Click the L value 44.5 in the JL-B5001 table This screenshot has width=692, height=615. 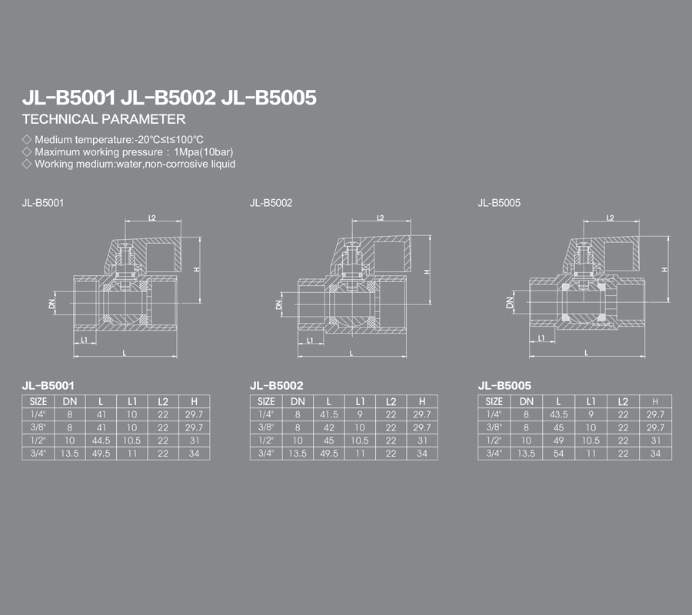coord(101,440)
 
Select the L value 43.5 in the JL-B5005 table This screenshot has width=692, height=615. coord(559,414)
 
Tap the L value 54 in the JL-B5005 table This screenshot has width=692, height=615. coord(559,454)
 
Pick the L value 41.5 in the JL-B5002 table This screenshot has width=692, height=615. coord(329,414)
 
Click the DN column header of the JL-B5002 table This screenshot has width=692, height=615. coord(298,401)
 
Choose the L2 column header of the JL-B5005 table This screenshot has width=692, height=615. coord(623,401)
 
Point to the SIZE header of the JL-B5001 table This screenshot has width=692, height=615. coord(38,401)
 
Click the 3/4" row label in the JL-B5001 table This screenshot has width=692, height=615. coord(38,454)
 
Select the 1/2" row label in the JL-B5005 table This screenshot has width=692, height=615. coord(494,440)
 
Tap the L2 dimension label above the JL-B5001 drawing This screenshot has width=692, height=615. coord(152,218)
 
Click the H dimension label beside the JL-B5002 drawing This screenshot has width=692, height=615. coord(427,272)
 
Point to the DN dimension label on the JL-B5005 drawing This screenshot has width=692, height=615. coord(510,303)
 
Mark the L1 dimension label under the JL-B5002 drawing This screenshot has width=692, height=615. coord(310,340)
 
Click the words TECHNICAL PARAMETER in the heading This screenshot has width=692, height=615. coord(104,119)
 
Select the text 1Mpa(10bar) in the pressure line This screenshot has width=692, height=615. coord(204,152)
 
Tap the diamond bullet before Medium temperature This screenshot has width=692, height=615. coord(27,139)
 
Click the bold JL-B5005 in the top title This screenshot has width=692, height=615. coord(269,98)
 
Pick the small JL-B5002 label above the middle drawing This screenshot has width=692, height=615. coord(271,203)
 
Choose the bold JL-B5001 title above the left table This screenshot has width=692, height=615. coord(48,386)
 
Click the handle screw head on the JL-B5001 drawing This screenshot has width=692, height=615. coord(125,244)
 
